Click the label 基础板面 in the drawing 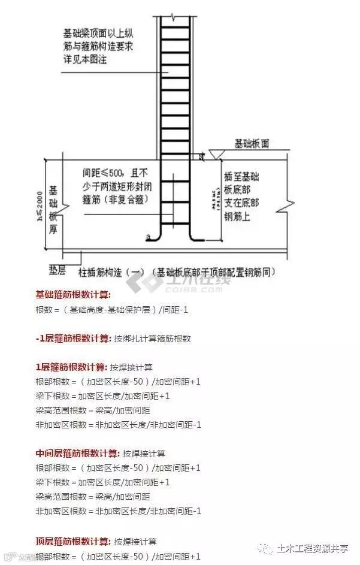pos(252,144)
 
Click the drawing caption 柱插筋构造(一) pos(113,271)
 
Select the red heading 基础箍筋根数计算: pos(73,295)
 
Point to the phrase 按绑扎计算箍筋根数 pos(152,339)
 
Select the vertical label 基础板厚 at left pos(53,201)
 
